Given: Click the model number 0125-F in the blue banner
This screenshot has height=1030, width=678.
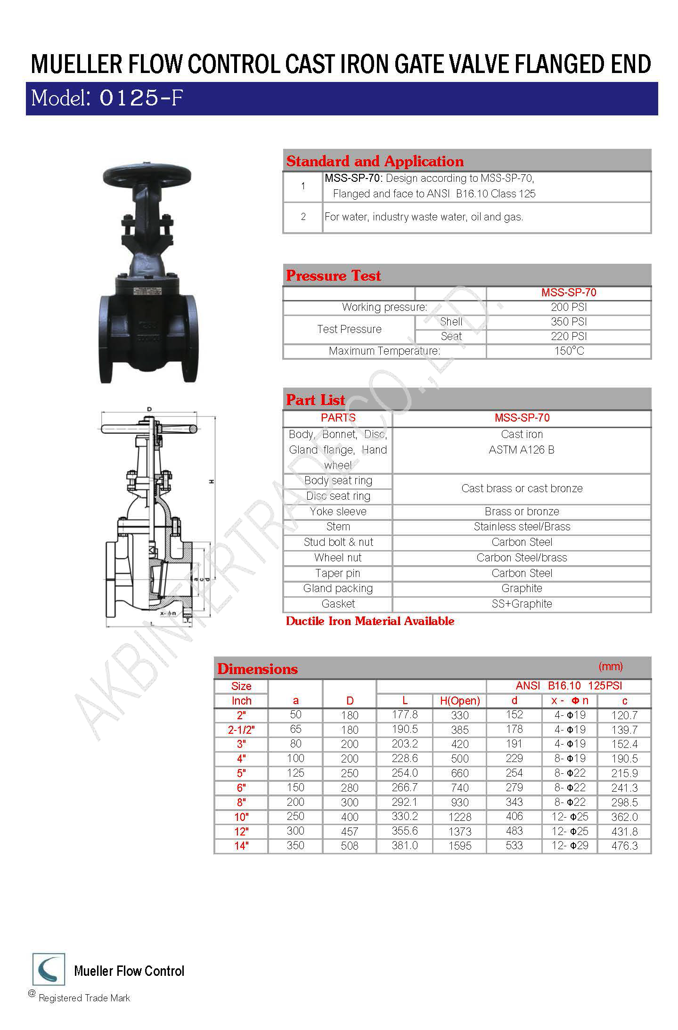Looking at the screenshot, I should (x=141, y=98).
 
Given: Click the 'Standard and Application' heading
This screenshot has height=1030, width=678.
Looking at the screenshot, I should (x=375, y=162).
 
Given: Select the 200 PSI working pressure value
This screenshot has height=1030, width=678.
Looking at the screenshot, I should (x=569, y=308).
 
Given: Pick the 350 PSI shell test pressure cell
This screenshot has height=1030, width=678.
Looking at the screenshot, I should (x=569, y=322).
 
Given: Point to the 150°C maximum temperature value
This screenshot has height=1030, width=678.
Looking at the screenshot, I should (x=569, y=351).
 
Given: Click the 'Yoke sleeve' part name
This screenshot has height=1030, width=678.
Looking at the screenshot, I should (x=338, y=511).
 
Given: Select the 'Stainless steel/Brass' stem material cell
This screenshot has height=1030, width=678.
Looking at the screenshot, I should (x=522, y=527).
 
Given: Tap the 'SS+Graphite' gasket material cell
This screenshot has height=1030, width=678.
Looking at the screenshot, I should (x=522, y=604).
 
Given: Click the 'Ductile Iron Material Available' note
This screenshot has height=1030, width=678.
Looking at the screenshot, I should (x=370, y=621).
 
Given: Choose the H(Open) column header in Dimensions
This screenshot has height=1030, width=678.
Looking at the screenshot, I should (x=459, y=701).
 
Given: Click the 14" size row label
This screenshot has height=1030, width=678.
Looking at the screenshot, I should (x=241, y=846).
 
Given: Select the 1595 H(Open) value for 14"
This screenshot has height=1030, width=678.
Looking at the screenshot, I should (x=459, y=846).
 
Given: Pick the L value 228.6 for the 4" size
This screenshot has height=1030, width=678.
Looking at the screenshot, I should (x=405, y=758).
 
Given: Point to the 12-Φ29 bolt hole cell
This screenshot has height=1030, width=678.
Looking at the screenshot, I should (x=570, y=846).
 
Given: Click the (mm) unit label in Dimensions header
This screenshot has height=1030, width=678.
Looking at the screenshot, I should (x=611, y=666).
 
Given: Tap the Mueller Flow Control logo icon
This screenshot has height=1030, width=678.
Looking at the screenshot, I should (x=49, y=969).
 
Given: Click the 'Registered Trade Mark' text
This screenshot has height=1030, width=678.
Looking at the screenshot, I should (x=84, y=998).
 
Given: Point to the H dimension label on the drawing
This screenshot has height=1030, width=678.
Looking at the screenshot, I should (x=212, y=481).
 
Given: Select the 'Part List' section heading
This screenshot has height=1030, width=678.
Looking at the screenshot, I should (x=316, y=400).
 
